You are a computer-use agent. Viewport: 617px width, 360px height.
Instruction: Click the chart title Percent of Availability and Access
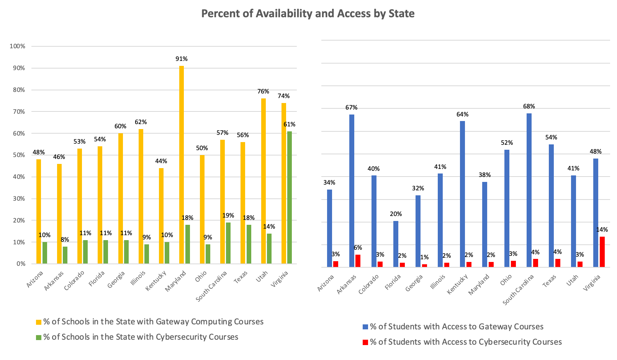[x=308, y=14]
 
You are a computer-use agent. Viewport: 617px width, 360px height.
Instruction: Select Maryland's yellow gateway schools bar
[x=182, y=165]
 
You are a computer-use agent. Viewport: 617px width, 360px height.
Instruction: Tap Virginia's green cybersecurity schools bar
[x=290, y=197]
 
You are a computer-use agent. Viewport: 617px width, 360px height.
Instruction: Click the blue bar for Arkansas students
[x=352, y=190]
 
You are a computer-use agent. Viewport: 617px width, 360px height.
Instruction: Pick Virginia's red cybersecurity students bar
[x=602, y=252]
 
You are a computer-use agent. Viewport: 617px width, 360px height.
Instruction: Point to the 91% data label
[x=182, y=59]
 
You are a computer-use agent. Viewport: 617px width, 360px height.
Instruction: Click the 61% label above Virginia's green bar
[x=290, y=124]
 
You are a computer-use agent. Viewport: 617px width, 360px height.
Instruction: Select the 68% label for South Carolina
[x=529, y=106]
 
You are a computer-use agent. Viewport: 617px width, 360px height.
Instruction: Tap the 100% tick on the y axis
[x=18, y=46]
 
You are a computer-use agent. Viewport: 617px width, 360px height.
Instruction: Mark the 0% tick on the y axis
[x=21, y=264]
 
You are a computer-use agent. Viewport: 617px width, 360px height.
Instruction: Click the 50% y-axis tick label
[x=19, y=155]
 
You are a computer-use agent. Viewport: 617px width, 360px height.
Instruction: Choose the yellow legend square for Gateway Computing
[x=38, y=322]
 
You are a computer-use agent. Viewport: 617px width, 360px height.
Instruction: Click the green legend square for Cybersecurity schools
[x=38, y=337]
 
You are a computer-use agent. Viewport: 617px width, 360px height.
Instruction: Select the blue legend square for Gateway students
[x=365, y=327]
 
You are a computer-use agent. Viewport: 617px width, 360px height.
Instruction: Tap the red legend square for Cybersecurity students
[x=365, y=342]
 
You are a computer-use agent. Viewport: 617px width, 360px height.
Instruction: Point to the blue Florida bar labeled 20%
[x=396, y=244]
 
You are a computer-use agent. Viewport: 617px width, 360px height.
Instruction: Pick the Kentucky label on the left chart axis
[x=156, y=280]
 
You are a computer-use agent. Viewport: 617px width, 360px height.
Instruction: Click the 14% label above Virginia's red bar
[x=602, y=230]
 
